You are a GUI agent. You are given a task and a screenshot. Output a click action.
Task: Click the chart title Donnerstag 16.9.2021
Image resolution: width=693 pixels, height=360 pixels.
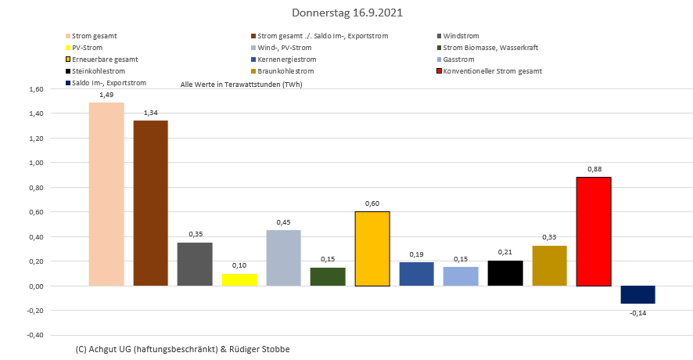point(347,13)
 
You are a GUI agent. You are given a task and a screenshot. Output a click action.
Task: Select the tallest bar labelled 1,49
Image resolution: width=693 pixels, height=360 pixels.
point(106,194)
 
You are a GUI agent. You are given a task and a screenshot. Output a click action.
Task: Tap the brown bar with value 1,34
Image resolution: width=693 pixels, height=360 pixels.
point(150,203)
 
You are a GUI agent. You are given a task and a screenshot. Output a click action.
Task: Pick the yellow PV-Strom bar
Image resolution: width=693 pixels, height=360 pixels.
point(239,279)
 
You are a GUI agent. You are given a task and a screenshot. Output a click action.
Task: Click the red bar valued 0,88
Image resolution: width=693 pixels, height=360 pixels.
point(594,232)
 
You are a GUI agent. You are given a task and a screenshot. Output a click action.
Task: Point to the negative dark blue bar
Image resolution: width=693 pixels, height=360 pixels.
point(638,294)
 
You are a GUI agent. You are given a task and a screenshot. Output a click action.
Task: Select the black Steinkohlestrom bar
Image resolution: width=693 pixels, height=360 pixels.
point(505,273)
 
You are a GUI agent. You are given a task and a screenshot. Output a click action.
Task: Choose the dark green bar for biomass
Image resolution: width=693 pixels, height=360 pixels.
point(328,276)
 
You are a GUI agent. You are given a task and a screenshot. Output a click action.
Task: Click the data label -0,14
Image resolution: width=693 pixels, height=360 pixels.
point(638,313)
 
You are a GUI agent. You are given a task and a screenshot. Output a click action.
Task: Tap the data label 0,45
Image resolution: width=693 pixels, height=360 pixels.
point(283,222)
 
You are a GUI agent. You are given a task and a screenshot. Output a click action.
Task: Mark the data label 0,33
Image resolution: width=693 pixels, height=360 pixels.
point(549,237)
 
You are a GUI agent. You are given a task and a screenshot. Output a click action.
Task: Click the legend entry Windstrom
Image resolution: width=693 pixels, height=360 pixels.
point(461,36)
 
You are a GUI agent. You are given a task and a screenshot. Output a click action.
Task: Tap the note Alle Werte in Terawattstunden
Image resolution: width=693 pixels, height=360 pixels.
point(241,84)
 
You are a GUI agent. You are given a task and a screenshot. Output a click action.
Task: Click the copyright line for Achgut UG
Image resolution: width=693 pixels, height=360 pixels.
point(178,348)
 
